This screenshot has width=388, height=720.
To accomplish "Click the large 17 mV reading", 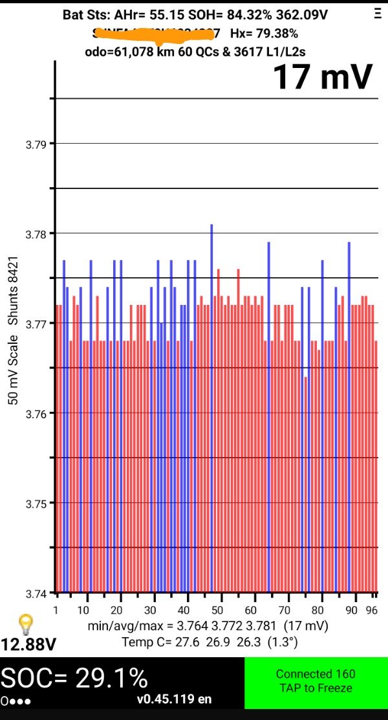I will pyautogui.click(x=322, y=78).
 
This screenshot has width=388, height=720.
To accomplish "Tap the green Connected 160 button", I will pyautogui.click(x=316, y=681).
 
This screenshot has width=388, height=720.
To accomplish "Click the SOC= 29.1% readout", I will pyautogui.click(x=74, y=677).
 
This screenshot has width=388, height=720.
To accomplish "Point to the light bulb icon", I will pyautogui.click(x=25, y=624).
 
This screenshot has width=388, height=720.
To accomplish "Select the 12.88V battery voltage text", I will pyautogui.click(x=28, y=645).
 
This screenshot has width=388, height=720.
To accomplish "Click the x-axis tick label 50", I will pyautogui.click(x=218, y=610).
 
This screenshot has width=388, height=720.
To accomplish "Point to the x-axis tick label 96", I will pyautogui.click(x=371, y=610).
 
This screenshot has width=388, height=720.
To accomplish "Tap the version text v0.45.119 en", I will pyautogui.click(x=174, y=699).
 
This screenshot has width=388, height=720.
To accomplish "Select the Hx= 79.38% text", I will pyautogui.click(x=264, y=33).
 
